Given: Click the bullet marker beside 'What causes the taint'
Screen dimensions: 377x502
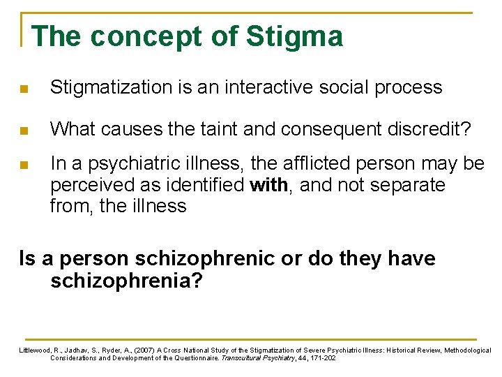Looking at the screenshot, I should pos(24,130).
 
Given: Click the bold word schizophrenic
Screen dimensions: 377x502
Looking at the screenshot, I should pos(201,259).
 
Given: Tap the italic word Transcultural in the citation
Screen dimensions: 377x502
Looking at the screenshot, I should pos(245,358).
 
